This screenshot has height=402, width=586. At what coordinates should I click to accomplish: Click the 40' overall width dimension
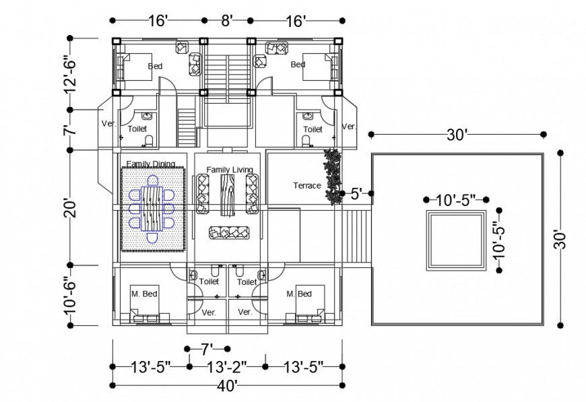tap(227, 386)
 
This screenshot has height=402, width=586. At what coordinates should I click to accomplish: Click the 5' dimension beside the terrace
tap(357, 195)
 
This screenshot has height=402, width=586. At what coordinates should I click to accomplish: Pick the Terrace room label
tap(306, 186)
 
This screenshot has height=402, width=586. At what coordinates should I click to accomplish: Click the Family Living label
tap(229, 170)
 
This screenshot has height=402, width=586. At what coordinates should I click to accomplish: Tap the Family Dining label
tap(151, 164)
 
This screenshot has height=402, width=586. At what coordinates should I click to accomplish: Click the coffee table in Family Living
tap(228, 193)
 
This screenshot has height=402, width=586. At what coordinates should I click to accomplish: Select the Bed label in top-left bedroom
tap(154, 66)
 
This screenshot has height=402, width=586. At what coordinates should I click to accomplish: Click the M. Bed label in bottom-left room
tap(143, 294)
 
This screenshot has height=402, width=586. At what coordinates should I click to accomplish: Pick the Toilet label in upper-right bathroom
tap(312, 129)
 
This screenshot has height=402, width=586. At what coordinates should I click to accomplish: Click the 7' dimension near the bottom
tap(207, 349)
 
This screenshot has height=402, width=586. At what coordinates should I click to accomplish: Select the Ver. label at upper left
tap(108, 124)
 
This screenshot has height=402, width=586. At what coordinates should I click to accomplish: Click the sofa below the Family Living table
tap(229, 232)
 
